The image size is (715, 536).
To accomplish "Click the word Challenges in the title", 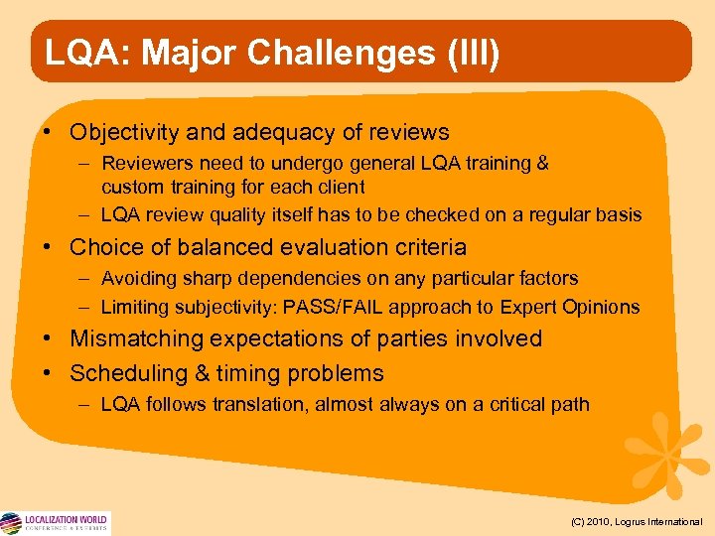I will pyautogui.click(x=324, y=53).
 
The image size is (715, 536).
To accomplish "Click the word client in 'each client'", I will pyautogui.click(x=342, y=187).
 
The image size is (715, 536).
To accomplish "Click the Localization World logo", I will pyautogui.click(x=56, y=522).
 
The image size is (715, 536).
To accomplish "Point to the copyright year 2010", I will pyautogui.click(x=600, y=521).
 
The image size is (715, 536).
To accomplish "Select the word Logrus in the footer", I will pyautogui.click(x=637, y=521).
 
